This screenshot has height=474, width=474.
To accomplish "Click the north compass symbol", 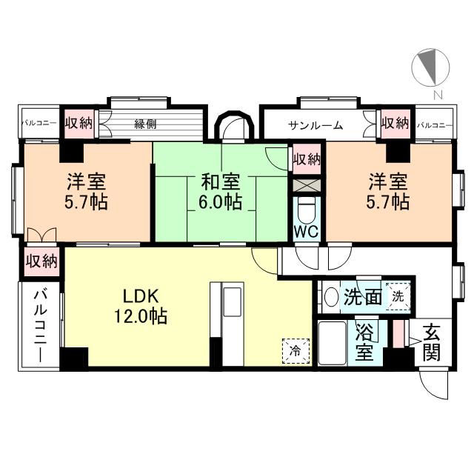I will click(429, 67).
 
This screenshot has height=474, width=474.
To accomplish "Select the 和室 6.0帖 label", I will click(220, 191).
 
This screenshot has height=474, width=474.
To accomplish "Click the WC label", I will click(306, 231).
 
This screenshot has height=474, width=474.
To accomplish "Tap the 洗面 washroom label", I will click(363, 297).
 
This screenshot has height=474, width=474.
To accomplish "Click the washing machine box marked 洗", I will click(398, 296).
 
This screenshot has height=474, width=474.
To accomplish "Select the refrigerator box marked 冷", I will click(295, 351).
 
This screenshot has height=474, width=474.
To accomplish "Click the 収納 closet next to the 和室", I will click(306, 159).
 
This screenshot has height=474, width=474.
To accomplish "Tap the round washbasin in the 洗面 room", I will click(331, 297).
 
